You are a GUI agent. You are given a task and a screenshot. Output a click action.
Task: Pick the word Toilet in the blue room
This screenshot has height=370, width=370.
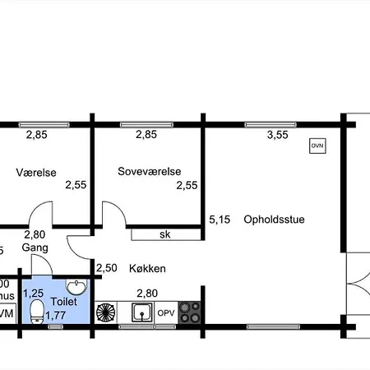63,302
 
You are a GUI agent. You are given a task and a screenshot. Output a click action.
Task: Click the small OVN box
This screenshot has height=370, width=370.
317,146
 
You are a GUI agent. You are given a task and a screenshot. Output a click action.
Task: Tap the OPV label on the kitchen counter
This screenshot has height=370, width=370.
166,313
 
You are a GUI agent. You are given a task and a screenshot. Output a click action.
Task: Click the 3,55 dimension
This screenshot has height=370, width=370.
278,136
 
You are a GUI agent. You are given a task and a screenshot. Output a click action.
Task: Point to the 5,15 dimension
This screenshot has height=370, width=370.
220,219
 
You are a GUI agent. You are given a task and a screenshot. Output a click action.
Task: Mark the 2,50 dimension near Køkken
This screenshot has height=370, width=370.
106,268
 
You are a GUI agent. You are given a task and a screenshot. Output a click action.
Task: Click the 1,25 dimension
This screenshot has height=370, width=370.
33,293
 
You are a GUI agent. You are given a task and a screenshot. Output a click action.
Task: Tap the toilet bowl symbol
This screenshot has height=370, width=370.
36,312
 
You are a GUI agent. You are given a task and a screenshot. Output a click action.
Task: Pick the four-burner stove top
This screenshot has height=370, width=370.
191,312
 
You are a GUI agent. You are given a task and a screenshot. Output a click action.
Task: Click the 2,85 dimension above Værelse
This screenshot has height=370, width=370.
35,136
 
